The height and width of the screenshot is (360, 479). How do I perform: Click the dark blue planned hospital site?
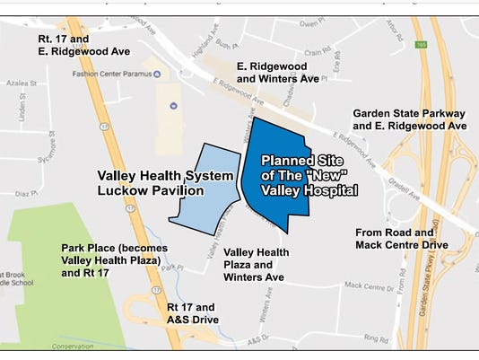point(278,175)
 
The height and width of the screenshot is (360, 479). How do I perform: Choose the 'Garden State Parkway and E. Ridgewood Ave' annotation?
point(410,120)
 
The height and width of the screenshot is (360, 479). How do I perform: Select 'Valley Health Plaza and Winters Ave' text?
point(254,266)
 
